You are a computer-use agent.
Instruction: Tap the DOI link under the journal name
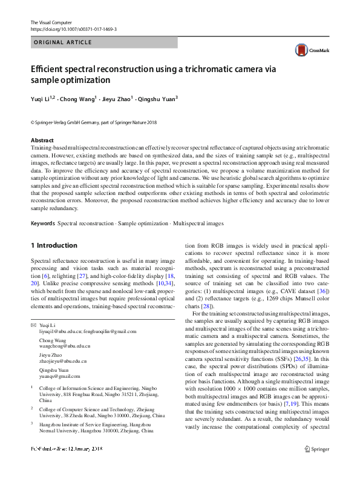[x=73, y=29]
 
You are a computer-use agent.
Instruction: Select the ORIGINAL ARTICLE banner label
[x=63, y=42]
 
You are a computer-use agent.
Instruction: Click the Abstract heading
[x=42, y=140]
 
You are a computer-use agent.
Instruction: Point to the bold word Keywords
[x=42, y=223]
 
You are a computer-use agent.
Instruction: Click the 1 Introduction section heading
[x=54, y=245]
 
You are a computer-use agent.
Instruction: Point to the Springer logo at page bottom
[x=316, y=449]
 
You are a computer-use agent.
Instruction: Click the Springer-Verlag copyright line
[x=93, y=122]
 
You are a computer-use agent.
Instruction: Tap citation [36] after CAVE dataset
[x=323, y=291]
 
